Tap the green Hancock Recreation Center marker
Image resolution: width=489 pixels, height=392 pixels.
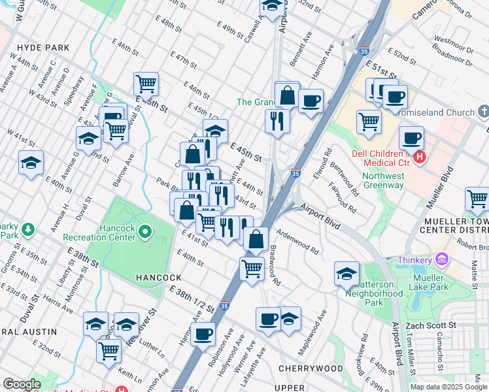click(145, 231)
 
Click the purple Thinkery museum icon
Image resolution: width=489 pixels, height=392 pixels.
click(442, 260)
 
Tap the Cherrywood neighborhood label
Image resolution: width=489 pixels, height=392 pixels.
click(311, 368)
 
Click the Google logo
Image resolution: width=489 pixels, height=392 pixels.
click(22, 384)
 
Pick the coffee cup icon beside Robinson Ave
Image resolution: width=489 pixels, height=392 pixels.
click(203, 334)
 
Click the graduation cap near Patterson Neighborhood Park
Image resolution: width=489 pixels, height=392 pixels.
click(346, 273)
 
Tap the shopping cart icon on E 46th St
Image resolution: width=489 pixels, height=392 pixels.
click(146, 84)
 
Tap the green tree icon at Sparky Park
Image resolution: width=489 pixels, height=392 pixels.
click(27, 229)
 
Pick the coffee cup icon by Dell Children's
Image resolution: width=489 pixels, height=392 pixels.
click(411, 138)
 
